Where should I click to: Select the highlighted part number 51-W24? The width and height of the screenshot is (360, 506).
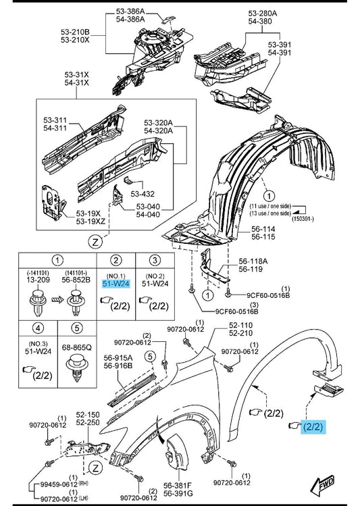pyautogui.click(x=115, y=284)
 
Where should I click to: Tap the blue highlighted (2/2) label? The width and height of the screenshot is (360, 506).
pyautogui.click(x=313, y=426)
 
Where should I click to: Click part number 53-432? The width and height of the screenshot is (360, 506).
pyautogui.click(x=143, y=194)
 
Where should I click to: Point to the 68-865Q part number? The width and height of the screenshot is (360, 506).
pyautogui.click(x=77, y=347)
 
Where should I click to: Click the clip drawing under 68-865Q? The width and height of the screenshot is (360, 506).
pyautogui.click(x=77, y=368)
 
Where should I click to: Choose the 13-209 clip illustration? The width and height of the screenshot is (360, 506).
pyautogui.click(x=38, y=301)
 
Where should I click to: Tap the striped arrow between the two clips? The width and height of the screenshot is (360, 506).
pyautogui.click(x=57, y=301)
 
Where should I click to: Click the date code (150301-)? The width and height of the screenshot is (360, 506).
pyautogui.click(x=303, y=219)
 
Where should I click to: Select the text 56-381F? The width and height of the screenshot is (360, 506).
pyautogui.click(x=178, y=485)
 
